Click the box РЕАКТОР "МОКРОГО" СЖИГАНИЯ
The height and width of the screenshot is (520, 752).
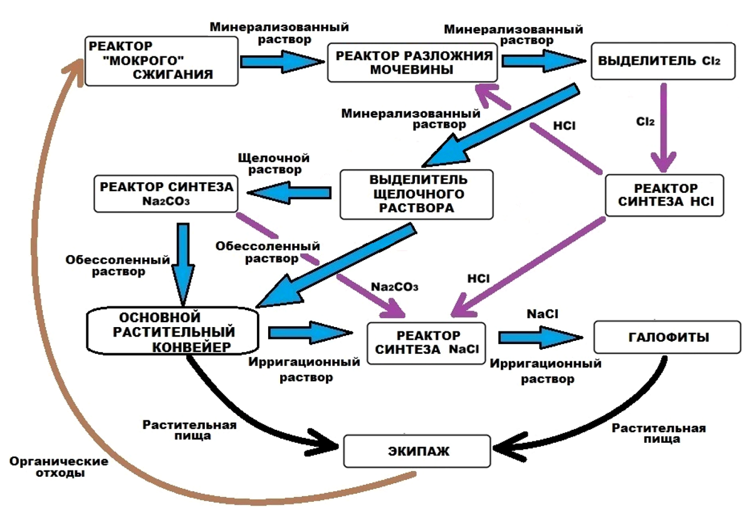pyautogui.click(x=162, y=60)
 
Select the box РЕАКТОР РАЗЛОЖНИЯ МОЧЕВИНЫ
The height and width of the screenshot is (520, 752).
pyautogui.click(x=412, y=63)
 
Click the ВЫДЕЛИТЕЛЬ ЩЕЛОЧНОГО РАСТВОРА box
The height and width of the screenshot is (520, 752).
pyautogui.click(x=416, y=194)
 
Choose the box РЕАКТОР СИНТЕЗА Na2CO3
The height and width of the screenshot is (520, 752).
pyautogui.click(x=166, y=193)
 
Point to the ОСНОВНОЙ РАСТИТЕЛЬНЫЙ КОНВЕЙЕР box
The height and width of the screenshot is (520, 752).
pyautogui.click(x=173, y=330)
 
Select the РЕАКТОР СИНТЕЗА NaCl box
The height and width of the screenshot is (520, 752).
pyautogui.click(x=426, y=343)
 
